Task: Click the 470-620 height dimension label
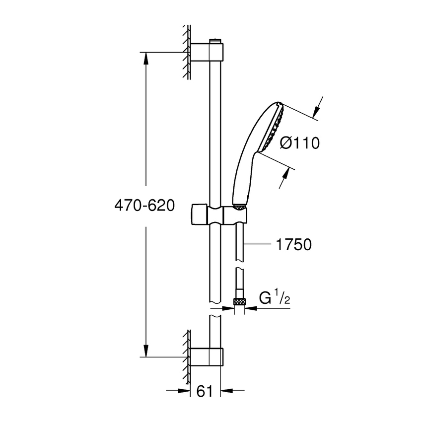pos(144,206)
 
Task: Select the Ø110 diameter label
pos(299,143)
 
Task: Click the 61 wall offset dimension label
pos(205,392)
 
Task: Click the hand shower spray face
pos(275,126)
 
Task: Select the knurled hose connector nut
pos(240,301)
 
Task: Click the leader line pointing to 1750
pos(258,244)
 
